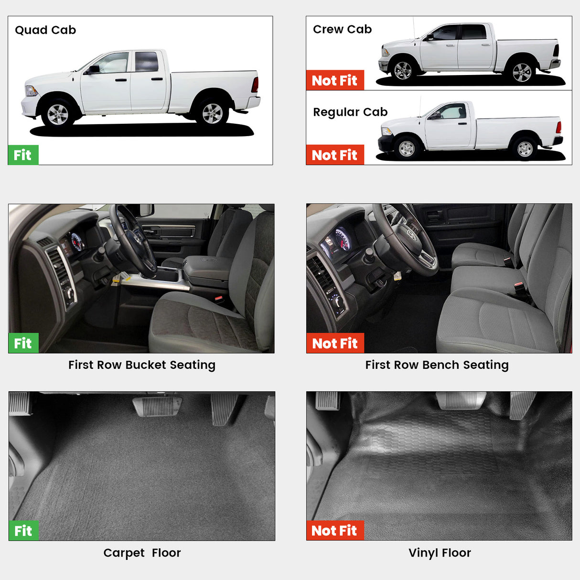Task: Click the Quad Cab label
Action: coord(45,30)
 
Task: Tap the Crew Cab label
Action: coord(342,29)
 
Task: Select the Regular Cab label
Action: coord(350,112)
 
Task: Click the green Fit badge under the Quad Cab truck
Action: coord(23,155)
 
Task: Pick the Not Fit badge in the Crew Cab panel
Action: coord(334,80)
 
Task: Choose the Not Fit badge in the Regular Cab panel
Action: coord(334,155)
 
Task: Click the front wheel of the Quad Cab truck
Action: coord(58,114)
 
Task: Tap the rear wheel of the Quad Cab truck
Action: coord(212,113)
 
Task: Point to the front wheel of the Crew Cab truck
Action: coord(402,71)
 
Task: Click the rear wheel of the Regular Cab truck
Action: coord(525,149)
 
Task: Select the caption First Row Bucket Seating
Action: coord(142,365)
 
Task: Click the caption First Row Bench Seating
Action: coord(437,365)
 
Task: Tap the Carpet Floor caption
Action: coord(142,553)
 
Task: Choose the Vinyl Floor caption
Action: coord(440,553)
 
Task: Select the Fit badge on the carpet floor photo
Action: coord(23,531)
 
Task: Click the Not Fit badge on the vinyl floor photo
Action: coord(334,530)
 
